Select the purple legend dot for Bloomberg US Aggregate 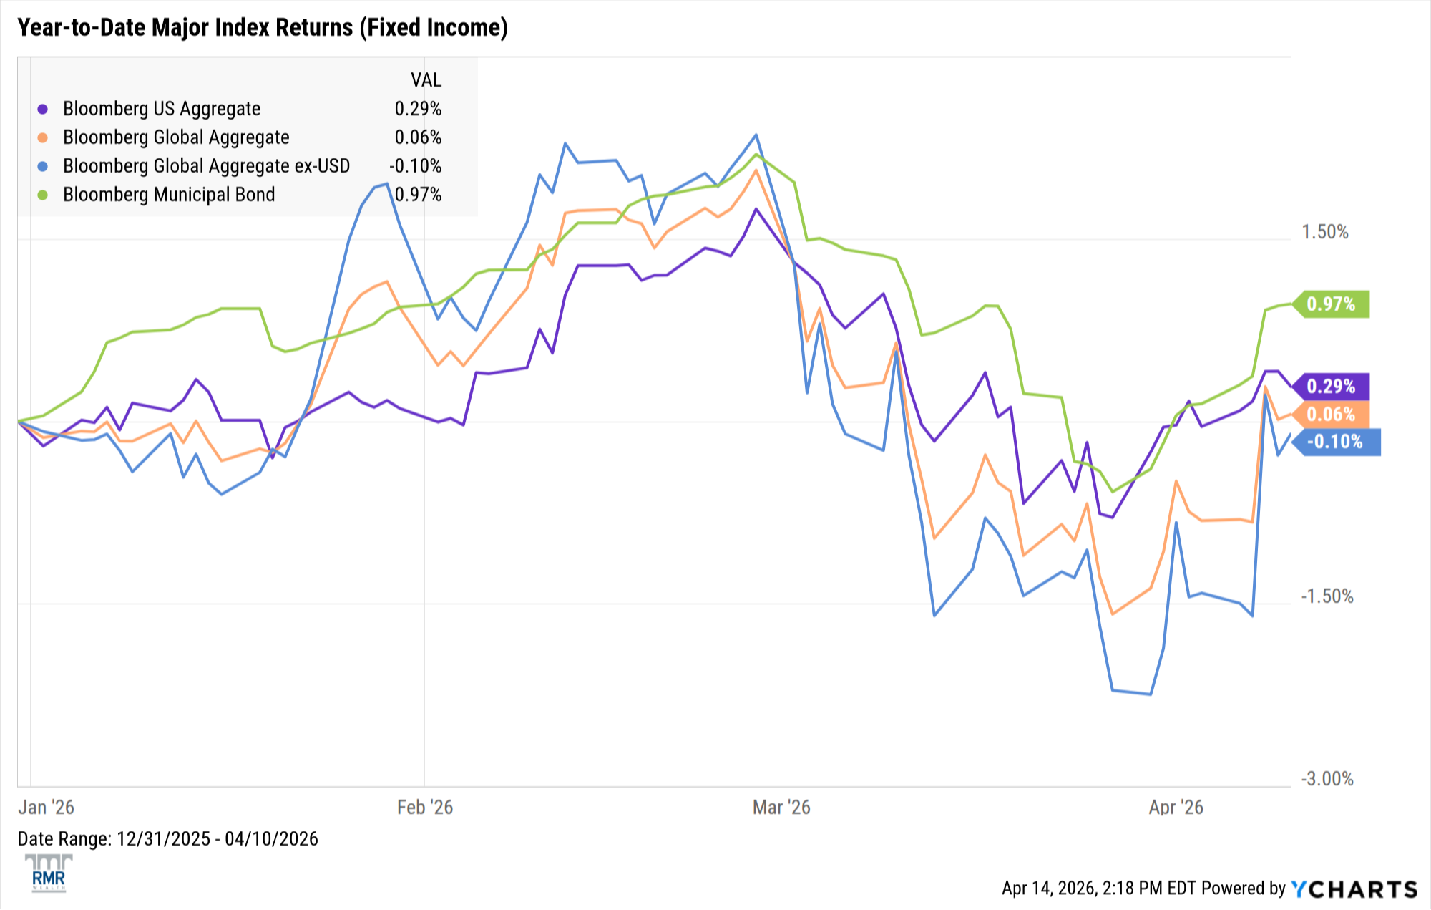(43, 109)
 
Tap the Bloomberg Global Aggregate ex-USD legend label (206, 166)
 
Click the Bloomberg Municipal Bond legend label (169, 195)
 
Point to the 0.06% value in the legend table (418, 137)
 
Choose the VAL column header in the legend (426, 80)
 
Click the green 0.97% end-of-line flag (1332, 304)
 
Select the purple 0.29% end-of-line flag (1332, 387)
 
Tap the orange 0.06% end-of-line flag (1332, 415)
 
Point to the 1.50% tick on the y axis (1324, 232)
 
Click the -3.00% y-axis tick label (1327, 779)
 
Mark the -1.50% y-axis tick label (1327, 596)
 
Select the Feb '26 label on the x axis (425, 808)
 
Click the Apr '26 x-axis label (1176, 808)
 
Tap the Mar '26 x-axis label (781, 808)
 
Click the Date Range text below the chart (167, 839)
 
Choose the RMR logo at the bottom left (49, 873)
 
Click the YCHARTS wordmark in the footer (1354, 889)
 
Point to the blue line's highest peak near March (756, 135)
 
